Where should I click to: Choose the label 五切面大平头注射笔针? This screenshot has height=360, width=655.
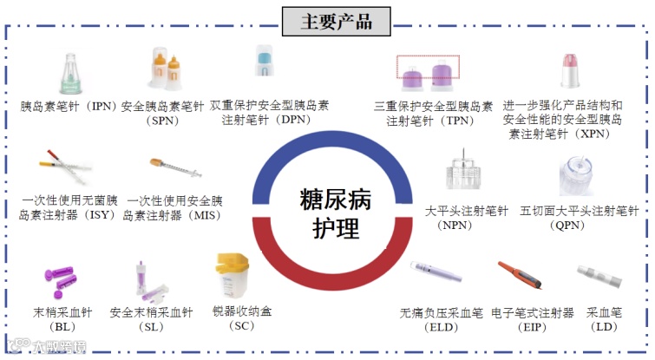[579, 211]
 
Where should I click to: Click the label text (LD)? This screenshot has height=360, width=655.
[604, 327]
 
